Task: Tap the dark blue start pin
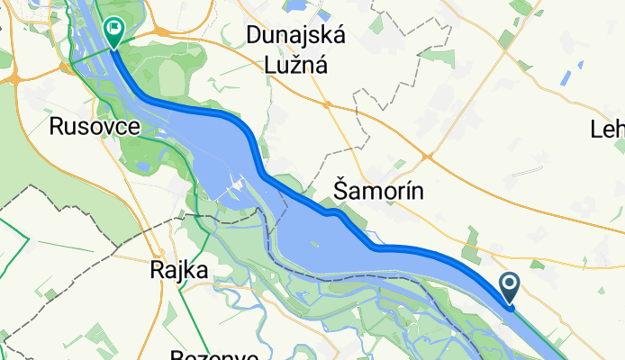509,289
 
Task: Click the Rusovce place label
95,128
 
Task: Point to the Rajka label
178,269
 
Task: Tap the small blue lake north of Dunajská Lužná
297,7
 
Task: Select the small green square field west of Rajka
50,293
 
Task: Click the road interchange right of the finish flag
160,31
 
